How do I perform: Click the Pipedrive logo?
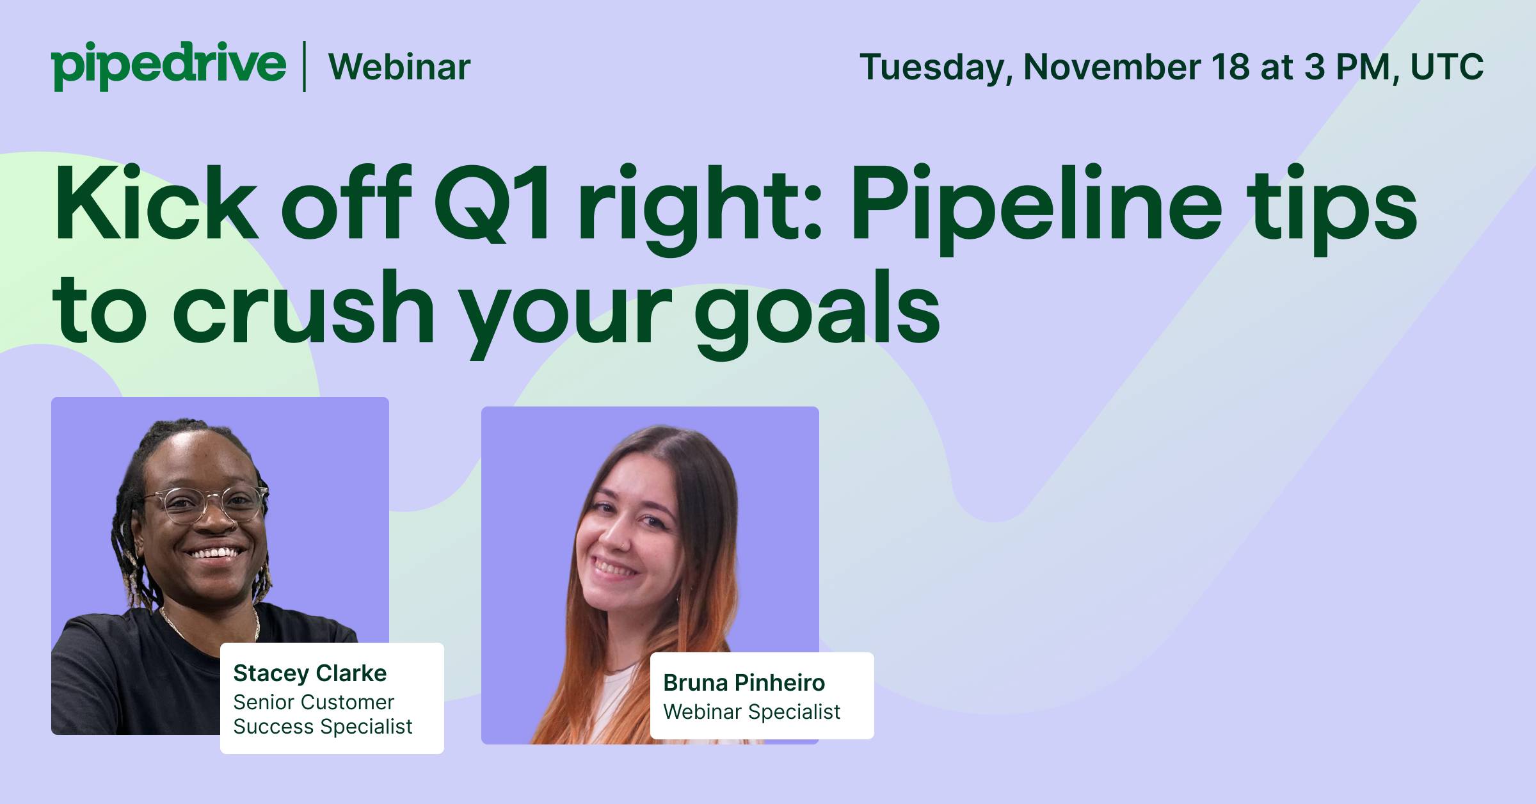coord(169,66)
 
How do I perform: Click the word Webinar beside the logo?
coord(400,67)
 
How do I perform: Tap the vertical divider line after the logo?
coord(304,66)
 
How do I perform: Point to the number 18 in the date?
coord(1230,67)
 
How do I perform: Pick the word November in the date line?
coord(1112,67)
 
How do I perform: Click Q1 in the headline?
coord(492,203)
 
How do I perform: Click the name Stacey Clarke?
coord(310,673)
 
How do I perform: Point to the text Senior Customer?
coord(314,702)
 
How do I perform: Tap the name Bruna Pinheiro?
coord(744,683)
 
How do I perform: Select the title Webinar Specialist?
coord(751,712)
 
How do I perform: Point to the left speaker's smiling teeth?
coord(213,551)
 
